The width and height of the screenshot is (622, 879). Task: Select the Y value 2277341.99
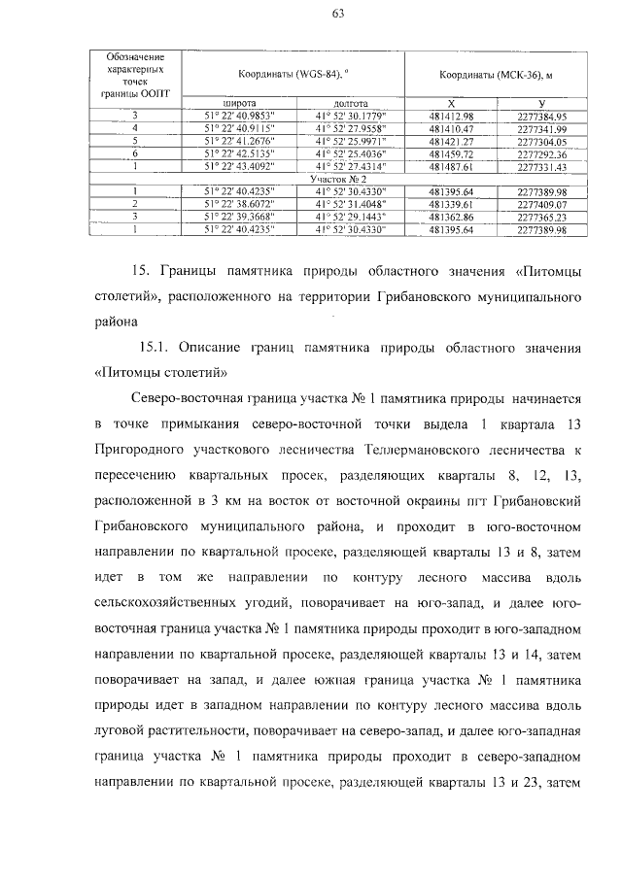(542, 128)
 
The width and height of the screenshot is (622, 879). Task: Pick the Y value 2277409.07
(542, 205)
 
